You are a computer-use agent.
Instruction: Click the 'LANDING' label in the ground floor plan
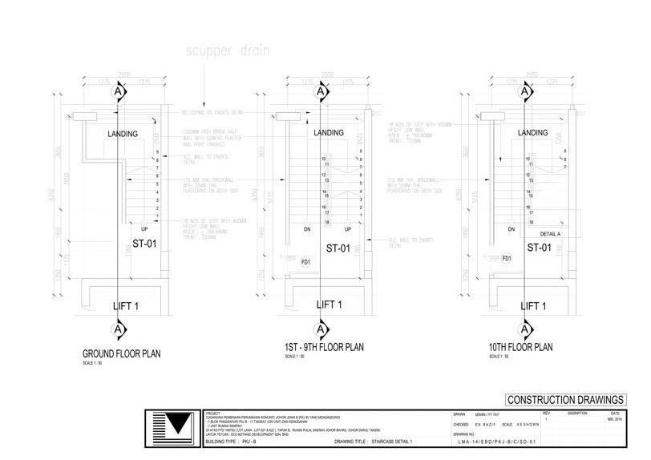pyautogui.click(x=123, y=133)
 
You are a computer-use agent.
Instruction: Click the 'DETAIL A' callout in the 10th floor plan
pyautogui.click(x=550, y=234)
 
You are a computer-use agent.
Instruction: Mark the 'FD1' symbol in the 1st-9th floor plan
pyautogui.click(x=305, y=261)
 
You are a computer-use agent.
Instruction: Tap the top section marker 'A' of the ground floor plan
pyautogui.click(x=119, y=92)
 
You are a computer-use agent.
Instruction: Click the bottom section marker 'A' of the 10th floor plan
pyautogui.click(x=524, y=329)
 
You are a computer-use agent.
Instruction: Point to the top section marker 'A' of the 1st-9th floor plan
pyautogui.click(x=321, y=92)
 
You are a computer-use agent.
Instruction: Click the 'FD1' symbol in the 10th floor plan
pyautogui.click(x=507, y=258)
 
